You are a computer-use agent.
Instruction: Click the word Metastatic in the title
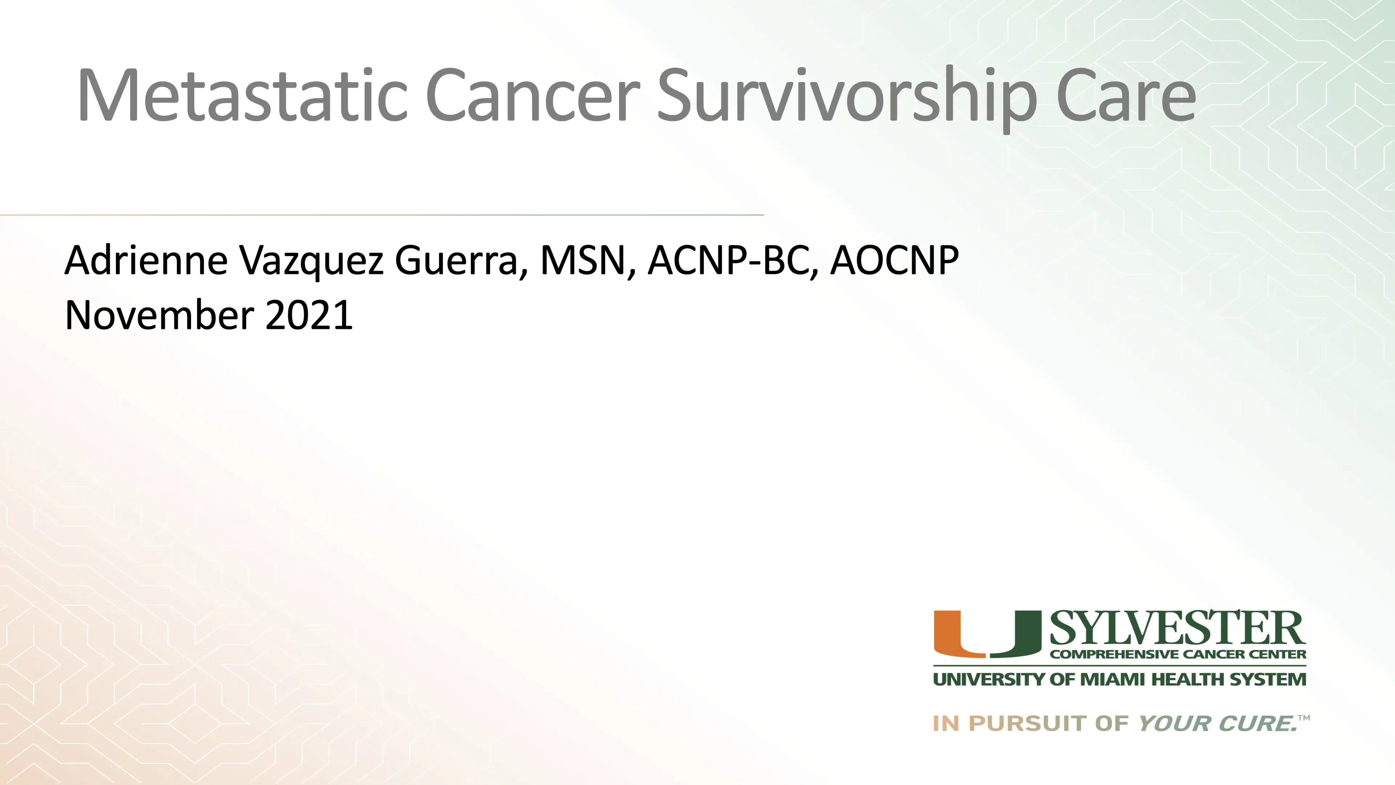click(242, 95)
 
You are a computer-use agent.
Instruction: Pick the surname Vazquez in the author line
click(311, 261)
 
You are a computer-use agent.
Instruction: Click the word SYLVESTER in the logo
click(1177, 628)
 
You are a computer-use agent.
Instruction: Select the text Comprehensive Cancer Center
click(1178, 655)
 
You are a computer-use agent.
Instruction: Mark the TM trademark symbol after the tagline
click(1304, 718)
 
